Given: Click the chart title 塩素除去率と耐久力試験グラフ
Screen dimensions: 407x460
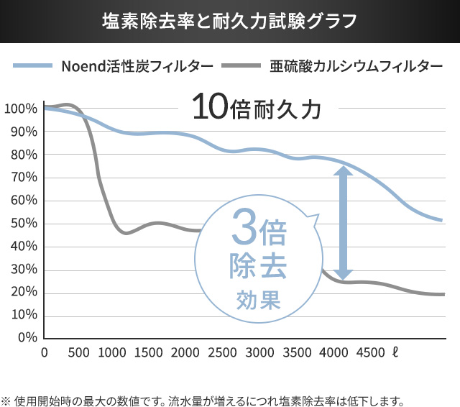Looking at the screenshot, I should tap(229, 20).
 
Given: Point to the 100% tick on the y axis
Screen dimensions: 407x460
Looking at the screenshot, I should tap(20, 109).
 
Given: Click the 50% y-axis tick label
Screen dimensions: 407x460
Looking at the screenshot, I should tap(24, 224).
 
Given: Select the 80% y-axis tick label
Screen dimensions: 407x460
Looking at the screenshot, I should tap(24, 155).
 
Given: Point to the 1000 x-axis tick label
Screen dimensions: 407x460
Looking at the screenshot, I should tap(112, 352).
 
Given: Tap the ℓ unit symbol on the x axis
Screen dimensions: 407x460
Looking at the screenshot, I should tap(395, 352).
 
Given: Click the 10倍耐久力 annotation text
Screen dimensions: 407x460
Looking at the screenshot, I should tap(255, 108).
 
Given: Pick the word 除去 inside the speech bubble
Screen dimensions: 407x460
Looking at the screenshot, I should tap(258, 267).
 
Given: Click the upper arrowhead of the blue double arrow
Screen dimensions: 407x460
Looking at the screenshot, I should tap(343, 173).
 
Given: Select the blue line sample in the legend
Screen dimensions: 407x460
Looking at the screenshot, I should tap(32, 67).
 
